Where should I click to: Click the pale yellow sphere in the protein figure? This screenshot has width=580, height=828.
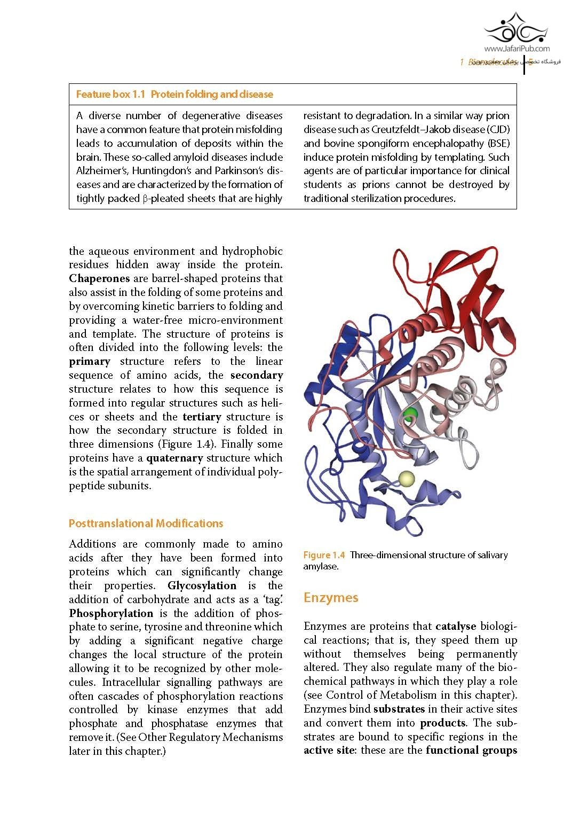tap(407, 479)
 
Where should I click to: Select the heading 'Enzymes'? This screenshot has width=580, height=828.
tap(331, 598)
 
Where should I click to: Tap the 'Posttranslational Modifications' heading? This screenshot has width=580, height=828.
tap(146, 524)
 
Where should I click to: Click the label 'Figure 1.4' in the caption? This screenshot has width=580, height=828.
tap(324, 556)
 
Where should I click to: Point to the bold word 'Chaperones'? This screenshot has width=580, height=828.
tap(99, 278)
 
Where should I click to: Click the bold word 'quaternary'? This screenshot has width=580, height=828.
tap(174, 458)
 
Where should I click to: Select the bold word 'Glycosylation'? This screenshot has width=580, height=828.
tap(202, 585)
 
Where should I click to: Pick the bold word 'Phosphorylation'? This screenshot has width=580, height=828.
tap(111, 613)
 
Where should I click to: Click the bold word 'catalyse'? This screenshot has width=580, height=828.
tap(456, 626)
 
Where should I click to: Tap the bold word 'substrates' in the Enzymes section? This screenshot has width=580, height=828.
tap(399, 709)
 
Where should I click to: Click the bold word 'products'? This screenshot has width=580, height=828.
tap(443, 723)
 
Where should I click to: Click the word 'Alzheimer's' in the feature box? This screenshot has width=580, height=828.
tap(102, 171)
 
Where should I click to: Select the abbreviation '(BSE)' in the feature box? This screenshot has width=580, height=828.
tap(498, 143)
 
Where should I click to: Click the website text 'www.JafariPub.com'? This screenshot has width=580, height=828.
tap(517, 49)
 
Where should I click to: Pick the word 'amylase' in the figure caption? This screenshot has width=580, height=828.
tap(321, 567)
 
